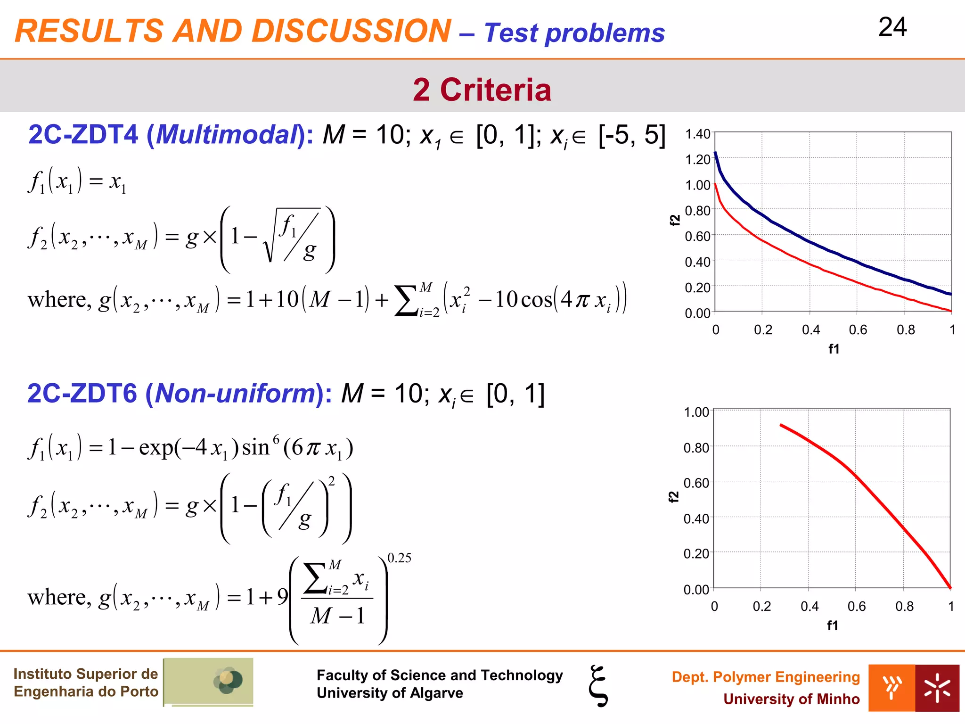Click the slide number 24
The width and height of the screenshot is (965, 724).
coord(892,27)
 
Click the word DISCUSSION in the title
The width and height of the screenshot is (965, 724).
coord(351,31)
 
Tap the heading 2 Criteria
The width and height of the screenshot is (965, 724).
coord(482,90)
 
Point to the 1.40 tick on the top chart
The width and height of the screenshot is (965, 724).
coord(697,134)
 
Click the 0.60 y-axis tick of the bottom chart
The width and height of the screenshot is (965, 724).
coord(696,483)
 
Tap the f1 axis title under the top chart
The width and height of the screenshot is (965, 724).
coord(834,349)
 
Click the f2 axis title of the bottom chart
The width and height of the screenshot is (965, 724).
coord(674,496)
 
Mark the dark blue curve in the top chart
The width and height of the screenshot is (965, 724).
coord(810,241)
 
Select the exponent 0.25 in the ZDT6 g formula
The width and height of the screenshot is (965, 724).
coord(399,558)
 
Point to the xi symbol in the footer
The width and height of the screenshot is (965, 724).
coord(598,686)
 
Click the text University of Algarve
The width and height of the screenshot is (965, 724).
coord(390,693)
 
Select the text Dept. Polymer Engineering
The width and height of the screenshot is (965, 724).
coord(766,677)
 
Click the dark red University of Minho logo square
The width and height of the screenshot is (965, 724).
coord(937,688)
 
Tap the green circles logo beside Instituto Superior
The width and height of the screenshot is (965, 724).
coord(228,681)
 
